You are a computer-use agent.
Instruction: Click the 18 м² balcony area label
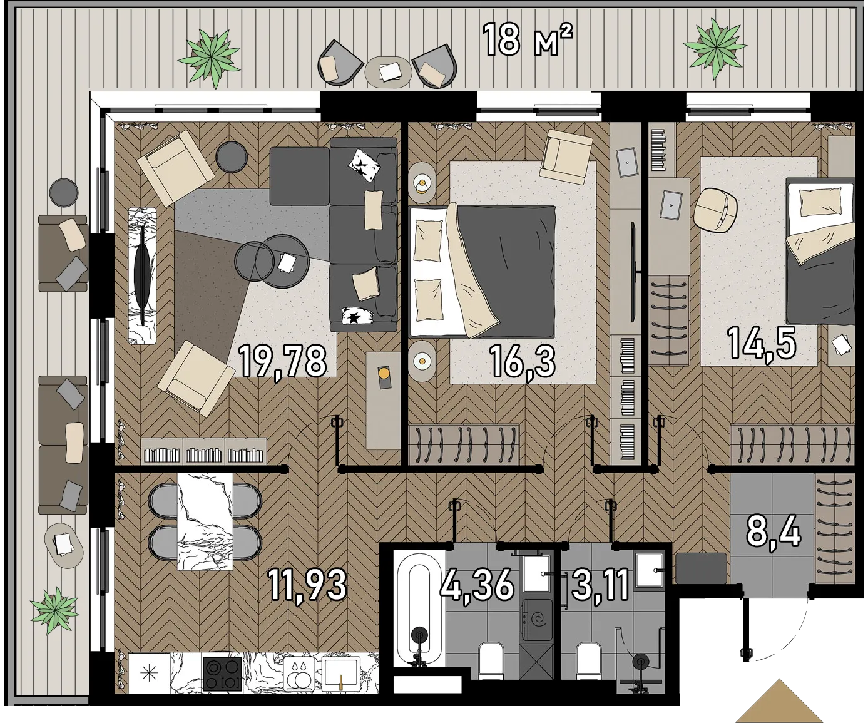[x=527, y=40]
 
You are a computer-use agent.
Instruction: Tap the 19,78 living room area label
[x=283, y=361]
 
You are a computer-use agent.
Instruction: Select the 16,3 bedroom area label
[x=523, y=361]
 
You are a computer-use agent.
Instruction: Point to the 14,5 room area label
[x=762, y=344]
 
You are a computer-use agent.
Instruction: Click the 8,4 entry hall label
[x=774, y=534]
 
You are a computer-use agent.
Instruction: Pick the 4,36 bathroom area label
[x=477, y=585]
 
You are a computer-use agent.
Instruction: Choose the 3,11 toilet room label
[x=600, y=585]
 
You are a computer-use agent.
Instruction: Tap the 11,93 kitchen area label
[x=308, y=585]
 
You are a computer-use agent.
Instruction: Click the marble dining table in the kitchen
[x=205, y=521]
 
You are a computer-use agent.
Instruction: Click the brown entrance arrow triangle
[x=780, y=702]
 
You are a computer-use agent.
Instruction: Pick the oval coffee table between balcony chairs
[x=388, y=72]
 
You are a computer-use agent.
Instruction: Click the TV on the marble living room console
[x=142, y=275]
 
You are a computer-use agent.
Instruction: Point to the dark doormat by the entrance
[x=702, y=568]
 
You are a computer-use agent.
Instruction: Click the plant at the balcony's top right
[x=715, y=48]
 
